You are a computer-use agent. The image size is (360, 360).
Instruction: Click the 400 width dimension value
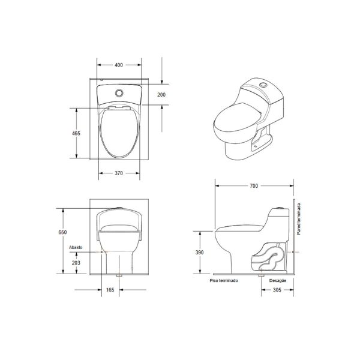pyautogui.click(x=119, y=65)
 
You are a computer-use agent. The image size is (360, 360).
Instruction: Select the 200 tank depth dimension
pyautogui.click(x=161, y=95)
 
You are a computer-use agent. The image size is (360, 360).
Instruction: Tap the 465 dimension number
pyautogui.click(x=76, y=133)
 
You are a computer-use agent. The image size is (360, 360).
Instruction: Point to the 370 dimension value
pyautogui.click(x=119, y=173)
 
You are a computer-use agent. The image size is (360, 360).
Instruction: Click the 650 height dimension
pyautogui.click(x=62, y=232)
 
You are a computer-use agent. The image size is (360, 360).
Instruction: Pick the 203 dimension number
pyautogui.click(x=76, y=262)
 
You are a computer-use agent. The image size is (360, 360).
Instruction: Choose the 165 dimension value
pyautogui.click(x=110, y=290)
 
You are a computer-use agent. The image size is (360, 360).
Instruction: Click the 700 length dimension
pyautogui.click(x=254, y=186)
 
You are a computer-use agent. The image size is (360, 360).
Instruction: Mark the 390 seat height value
pyautogui.click(x=199, y=253)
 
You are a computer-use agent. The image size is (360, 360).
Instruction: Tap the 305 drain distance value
pyautogui.click(x=277, y=290)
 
